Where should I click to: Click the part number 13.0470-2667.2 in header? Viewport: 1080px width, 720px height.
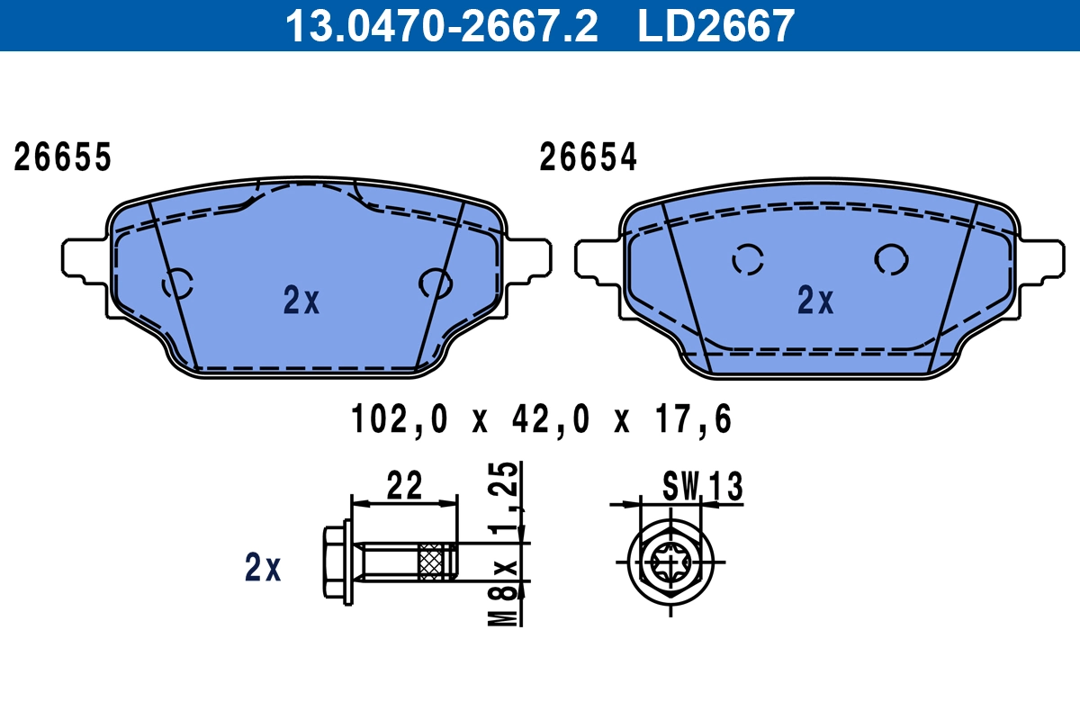pos(441,25)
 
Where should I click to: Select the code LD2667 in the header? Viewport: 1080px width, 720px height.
pos(716,25)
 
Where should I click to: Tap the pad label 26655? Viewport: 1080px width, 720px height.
pos(62,157)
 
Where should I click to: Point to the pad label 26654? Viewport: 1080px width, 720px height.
pos(588,157)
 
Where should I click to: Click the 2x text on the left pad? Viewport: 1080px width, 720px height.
pos(301,301)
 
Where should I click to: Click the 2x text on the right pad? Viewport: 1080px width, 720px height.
pos(815,301)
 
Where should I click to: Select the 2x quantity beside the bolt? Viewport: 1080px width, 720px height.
pos(263,568)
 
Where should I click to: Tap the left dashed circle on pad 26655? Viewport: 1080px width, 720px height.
pos(177,284)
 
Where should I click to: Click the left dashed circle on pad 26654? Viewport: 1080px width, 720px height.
pos(748,260)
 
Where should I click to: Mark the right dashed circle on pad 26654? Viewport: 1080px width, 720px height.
pos(891,259)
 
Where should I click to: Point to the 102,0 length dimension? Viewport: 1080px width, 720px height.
pos(399,419)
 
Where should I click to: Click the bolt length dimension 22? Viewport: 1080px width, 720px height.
pos(404,486)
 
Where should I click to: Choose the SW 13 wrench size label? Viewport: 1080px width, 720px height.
pos(702,487)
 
